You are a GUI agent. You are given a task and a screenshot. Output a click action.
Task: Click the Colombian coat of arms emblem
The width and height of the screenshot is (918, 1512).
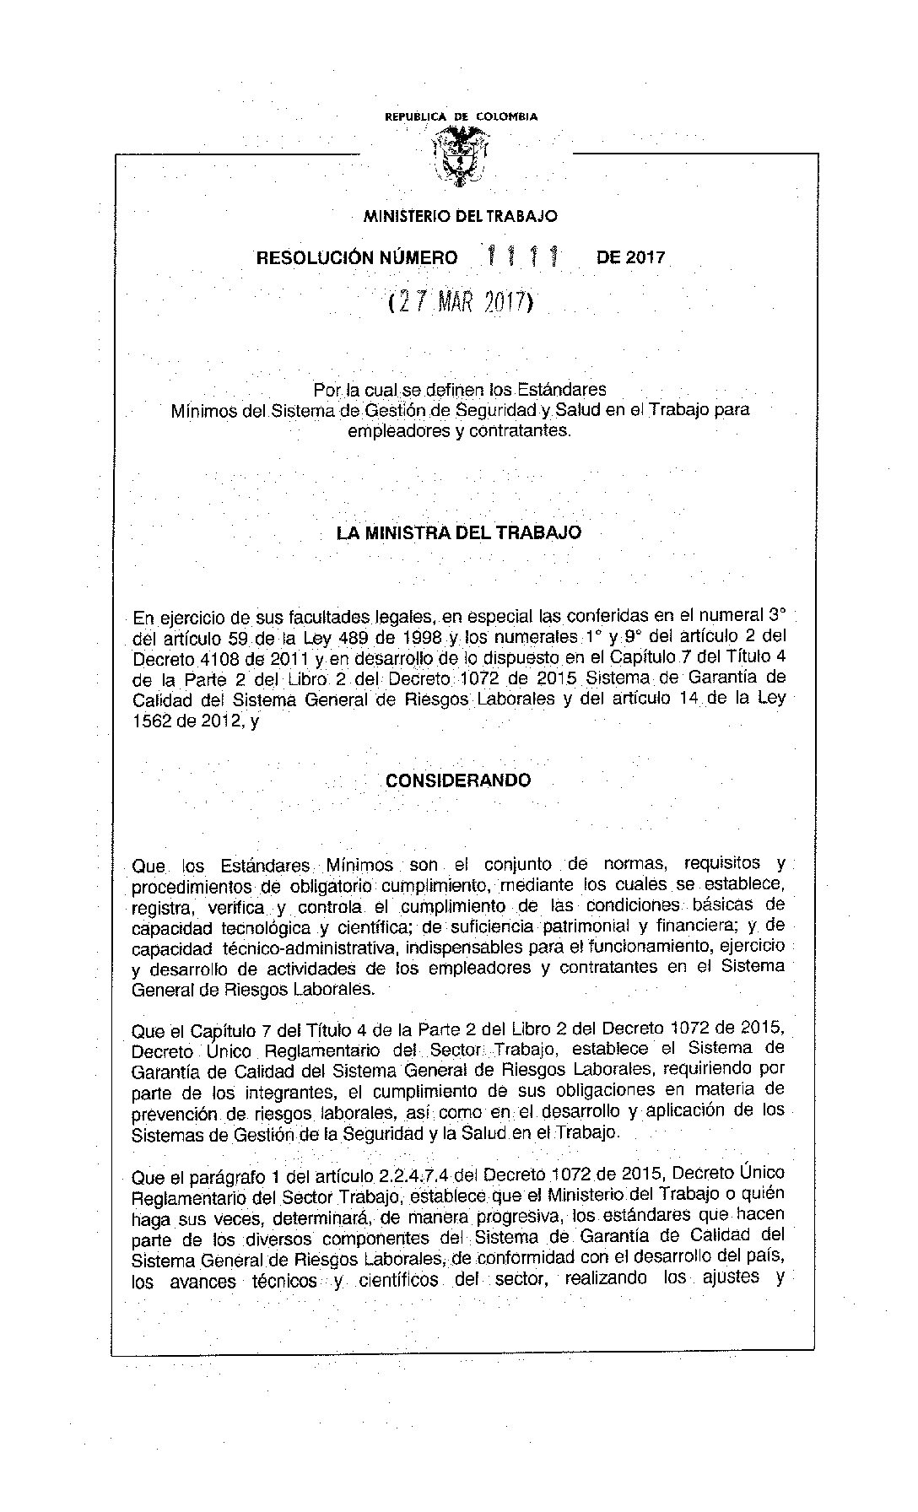point(460,156)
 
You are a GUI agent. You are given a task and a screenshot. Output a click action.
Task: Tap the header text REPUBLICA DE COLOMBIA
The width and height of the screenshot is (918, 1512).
point(461,117)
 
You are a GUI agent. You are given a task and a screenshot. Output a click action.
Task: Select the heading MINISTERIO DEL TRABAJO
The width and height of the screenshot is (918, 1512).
point(460,216)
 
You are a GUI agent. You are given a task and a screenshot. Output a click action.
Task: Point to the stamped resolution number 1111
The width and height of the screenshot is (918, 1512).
point(526,255)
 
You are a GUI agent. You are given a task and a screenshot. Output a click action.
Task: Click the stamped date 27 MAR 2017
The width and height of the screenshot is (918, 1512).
point(460,303)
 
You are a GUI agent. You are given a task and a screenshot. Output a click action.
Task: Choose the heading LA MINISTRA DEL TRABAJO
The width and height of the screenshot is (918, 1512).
point(458,533)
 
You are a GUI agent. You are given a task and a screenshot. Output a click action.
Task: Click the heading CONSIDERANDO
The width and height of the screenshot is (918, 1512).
point(458,780)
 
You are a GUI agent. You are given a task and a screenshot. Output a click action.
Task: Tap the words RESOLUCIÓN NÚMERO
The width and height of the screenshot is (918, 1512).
point(357,258)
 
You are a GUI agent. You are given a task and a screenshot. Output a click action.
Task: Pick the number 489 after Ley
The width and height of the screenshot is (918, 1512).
point(351,636)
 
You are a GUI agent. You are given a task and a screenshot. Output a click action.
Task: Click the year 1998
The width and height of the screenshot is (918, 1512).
point(418,636)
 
